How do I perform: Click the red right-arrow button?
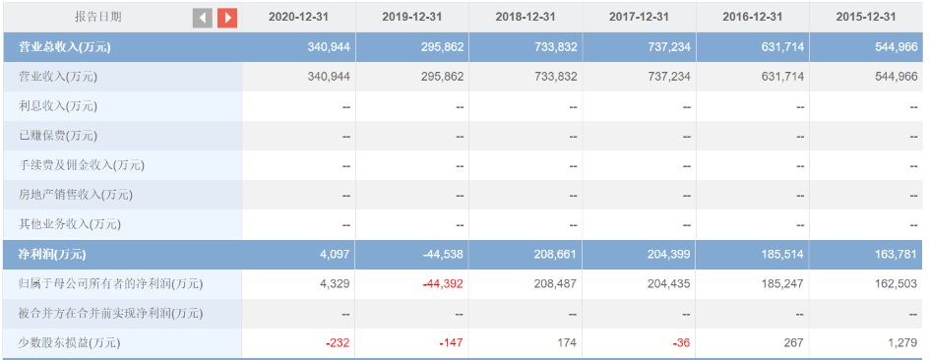click(x=227, y=18)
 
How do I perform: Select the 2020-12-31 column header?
click(x=298, y=17)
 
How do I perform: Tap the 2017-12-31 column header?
click(x=639, y=17)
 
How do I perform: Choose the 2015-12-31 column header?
click(x=866, y=17)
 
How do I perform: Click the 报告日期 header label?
click(x=97, y=17)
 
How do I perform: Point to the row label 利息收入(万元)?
click(x=58, y=106)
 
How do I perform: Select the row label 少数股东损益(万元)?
click(x=69, y=343)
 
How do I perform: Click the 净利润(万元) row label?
click(x=52, y=255)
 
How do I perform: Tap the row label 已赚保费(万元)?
click(x=58, y=136)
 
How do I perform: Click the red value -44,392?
click(x=443, y=284)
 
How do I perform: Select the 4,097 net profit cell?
click(x=336, y=255)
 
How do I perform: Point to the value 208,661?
click(x=557, y=255)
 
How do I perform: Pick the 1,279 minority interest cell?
click(x=904, y=343)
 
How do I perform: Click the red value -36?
click(x=682, y=343)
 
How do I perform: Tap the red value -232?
click(x=338, y=343)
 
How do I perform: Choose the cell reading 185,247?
click(x=783, y=284)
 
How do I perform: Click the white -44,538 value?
click(x=443, y=255)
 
